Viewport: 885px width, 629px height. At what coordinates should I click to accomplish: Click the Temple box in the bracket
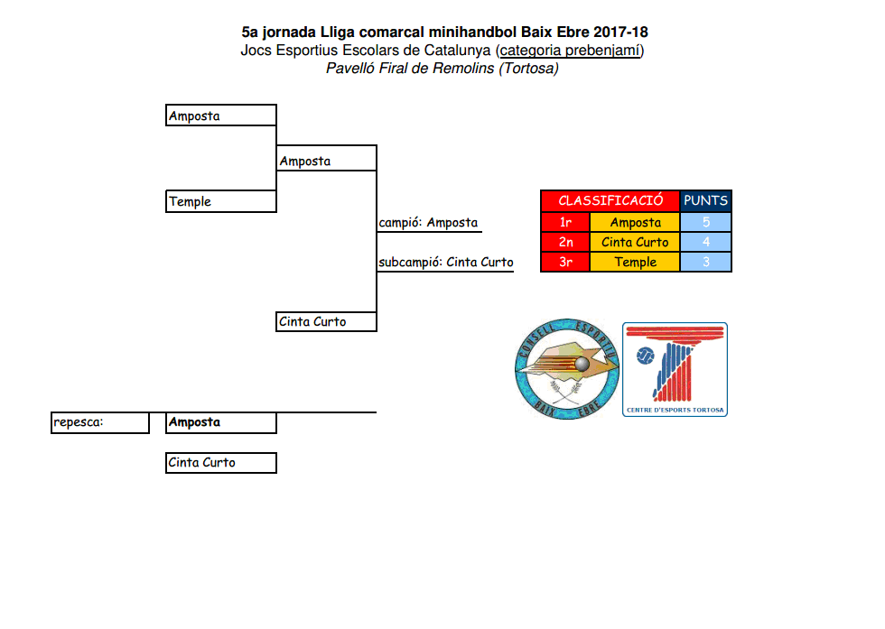pyautogui.click(x=221, y=201)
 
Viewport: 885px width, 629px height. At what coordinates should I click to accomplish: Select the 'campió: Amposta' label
pyautogui.click(x=429, y=223)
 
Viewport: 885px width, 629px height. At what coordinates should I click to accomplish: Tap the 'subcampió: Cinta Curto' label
pyautogui.click(x=445, y=263)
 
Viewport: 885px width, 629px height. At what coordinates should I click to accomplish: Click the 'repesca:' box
pyautogui.click(x=99, y=422)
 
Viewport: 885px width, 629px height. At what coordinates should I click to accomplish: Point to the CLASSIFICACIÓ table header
pyautogui.click(x=610, y=200)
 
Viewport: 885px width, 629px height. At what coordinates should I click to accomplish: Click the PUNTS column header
pyautogui.click(x=705, y=200)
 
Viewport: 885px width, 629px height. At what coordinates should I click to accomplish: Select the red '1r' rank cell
pyautogui.click(x=565, y=222)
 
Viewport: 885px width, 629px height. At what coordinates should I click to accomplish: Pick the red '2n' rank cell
pyautogui.click(x=565, y=242)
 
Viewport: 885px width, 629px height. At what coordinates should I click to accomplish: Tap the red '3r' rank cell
pyautogui.click(x=565, y=262)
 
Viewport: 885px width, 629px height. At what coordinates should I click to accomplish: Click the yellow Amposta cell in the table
pyautogui.click(x=635, y=222)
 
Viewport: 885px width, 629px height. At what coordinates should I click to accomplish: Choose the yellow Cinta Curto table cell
pyautogui.click(x=635, y=242)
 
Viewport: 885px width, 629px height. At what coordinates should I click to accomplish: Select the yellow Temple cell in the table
pyautogui.click(x=635, y=262)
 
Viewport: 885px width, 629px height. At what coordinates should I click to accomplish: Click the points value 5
pyautogui.click(x=705, y=222)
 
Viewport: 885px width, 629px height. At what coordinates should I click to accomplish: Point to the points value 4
pyautogui.click(x=705, y=242)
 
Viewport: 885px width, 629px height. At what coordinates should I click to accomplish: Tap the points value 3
pyautogui.click(x=705, y=262)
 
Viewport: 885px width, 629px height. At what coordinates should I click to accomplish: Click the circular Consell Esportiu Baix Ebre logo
pyautogui.click(x=566, y=368)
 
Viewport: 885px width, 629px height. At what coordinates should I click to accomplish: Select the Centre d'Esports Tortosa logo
pyautogui.click(x=675, y=369)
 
